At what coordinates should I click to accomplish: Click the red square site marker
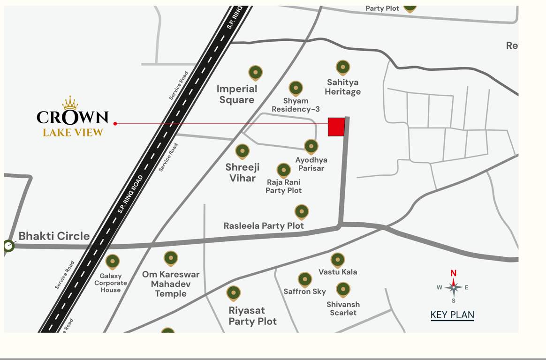pyautogui.click(x=336, y=127)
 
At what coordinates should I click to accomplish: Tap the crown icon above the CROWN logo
pyautogui.click(x=70, y=103)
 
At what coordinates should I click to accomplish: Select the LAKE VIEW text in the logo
pyautogui.click(x=73, y=133)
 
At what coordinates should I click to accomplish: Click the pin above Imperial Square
pyautogui.click(x=255, y=73)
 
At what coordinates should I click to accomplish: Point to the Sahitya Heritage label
pyautogui.click(x=343, y=87)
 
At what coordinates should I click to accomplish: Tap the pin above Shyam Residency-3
pyautogui.click(x=296, y=88)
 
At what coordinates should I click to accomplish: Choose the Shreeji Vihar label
pyautogui.click(x=243, y=172)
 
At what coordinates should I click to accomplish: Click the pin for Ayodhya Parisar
pyautogui.click(x=311, y=147)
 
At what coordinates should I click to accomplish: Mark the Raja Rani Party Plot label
pyautogui.click(x=283, y=186)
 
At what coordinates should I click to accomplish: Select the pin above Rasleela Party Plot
pyautogui.click(x=302, y=212)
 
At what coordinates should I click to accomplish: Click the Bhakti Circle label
pyautogui.click(x=54, y=236)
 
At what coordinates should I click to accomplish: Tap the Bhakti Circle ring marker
pyautogui.click(x=8, y=246)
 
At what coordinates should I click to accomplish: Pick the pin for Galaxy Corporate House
pyautogui.click(x=113, y=262)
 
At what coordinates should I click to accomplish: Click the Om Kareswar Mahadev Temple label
pyautogui.click(x=171, y=284)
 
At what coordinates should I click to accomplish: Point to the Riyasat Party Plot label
pyautogui.click(x=252, y=316)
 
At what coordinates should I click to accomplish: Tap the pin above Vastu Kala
pyautogui.click(x=338, y=260)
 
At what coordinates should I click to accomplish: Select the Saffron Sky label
pyautogui.click(x=304, y=292)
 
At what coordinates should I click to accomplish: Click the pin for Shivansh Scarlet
pyautogui.click(x=343, y=289)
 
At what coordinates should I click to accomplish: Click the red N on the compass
pyautogui.click(x=453, y=273)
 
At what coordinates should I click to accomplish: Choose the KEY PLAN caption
pyautogui.click(x=452, y=315)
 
